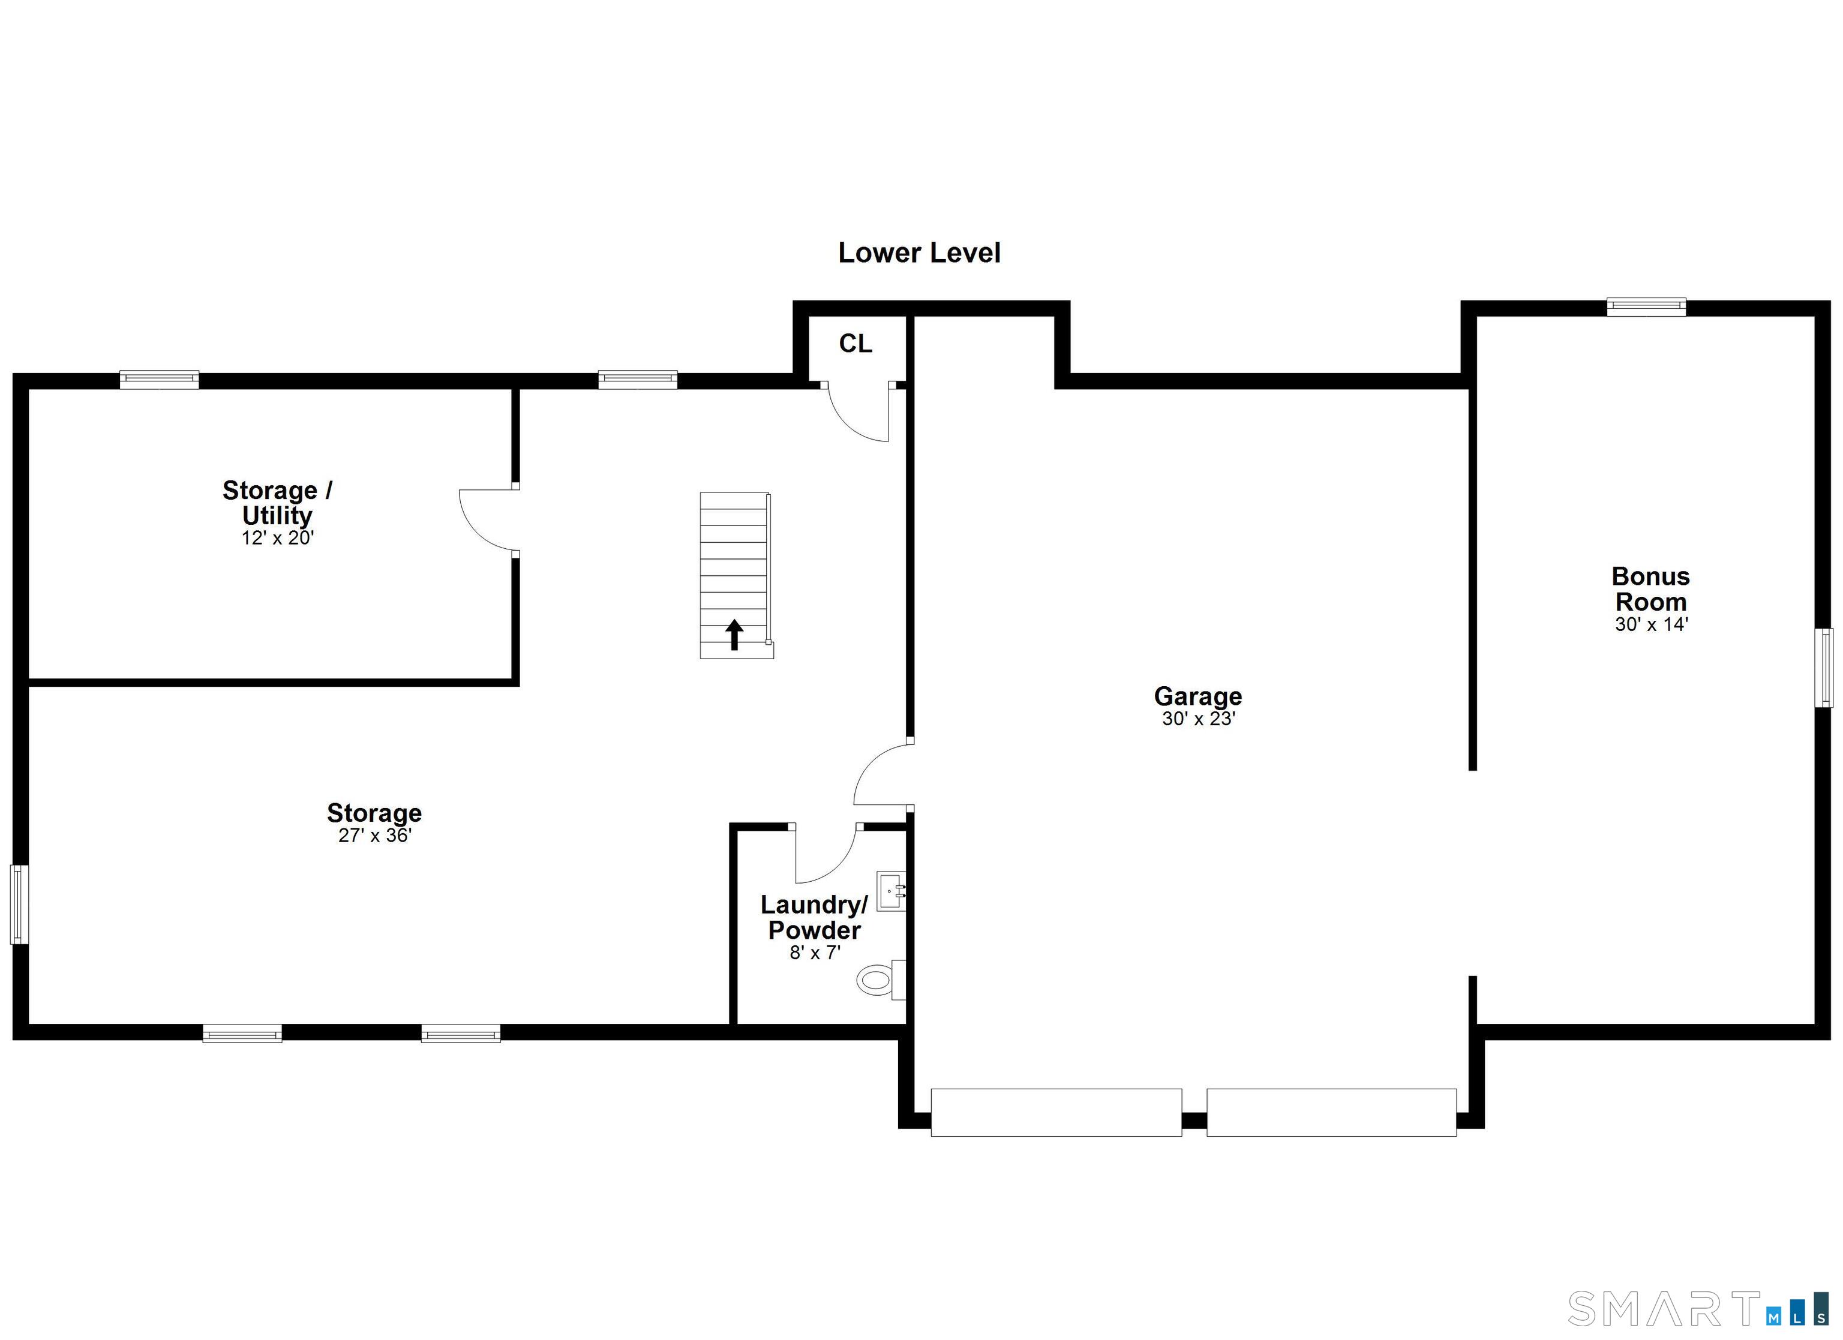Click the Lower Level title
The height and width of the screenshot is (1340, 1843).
click(x=919, y=253)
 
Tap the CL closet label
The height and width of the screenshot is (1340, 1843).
click(x=856, y=344)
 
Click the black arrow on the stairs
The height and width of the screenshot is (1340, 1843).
click(x=734, y=635)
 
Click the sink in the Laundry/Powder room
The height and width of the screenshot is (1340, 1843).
click(x=892, y=891)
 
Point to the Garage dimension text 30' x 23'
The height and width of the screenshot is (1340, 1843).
click(x=1198, y=719)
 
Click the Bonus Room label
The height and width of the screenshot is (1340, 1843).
click(x=1650, y=588)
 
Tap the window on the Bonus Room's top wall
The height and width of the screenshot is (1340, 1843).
click(x=1646, y=307)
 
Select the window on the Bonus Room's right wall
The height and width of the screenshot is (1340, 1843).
click(x=1824, y=667)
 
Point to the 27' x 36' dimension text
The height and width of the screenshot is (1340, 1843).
click(x=374, y=836)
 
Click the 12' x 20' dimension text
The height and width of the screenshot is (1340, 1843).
click(x=277, y=538)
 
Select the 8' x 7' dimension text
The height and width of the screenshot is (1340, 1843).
click(x=814, y=953)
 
